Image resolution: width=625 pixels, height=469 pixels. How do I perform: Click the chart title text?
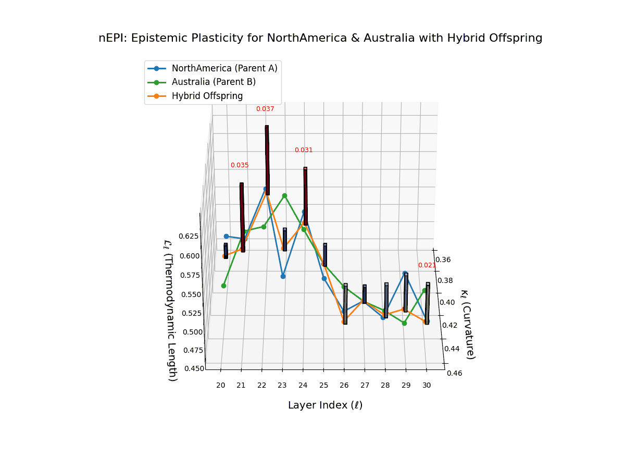(x=320, y=38)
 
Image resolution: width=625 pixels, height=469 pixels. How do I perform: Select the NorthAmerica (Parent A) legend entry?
(x=224, y=68)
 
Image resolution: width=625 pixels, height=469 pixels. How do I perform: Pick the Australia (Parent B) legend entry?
(x=214, y=82)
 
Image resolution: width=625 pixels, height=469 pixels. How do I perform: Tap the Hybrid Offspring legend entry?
(x=207, y=96)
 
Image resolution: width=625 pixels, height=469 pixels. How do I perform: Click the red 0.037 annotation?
(x=265, y=109)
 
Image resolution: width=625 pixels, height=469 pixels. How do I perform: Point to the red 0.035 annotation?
(x=240, y=165)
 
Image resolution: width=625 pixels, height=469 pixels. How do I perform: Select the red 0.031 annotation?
(x=304, y=150)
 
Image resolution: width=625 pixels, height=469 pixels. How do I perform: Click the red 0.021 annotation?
(x=427, y=265)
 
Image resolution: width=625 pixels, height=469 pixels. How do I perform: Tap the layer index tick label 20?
(x=221, y=386)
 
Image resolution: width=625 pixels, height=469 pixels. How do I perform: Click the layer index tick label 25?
(x=323, y=386)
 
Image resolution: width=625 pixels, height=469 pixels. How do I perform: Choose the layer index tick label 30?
(x=427, y=386)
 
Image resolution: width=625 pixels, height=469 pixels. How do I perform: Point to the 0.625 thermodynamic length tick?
(x=189, y=236)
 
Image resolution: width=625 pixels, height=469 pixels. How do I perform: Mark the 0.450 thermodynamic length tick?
(x=194, y=368)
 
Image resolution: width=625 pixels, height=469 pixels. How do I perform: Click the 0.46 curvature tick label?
(x=455, y=373)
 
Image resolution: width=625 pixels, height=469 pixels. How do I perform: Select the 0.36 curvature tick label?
(x=444, y=260)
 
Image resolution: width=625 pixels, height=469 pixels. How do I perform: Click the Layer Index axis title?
(x=325, y=405)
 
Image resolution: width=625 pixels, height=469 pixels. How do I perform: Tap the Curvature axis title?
(x=467, y=324)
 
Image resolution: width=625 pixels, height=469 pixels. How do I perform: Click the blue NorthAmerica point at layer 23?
(x=283, y=276)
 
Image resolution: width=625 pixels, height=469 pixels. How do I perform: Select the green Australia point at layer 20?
(x=223, y=286)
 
